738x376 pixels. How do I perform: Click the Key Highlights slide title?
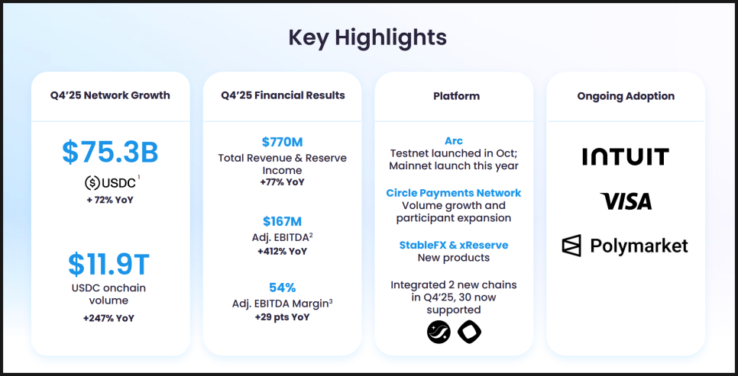[x=367, y=37]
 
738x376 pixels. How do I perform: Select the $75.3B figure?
[x=110, y=152]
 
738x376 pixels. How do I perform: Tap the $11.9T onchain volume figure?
[x=108, y=264]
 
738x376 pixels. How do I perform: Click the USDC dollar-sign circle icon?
[x=92, y=182]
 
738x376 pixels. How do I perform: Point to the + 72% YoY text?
[x=110, y=200]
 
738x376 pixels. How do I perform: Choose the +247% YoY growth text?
[x=108, y=318]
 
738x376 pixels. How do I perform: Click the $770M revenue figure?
[x=282, y=142]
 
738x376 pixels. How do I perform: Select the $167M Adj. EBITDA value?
[x=282, y=221]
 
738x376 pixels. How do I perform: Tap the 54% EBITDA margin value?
[x=283, y=288]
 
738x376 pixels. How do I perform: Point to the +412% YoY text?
[x=282, y=252]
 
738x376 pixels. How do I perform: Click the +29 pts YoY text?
[x=282, y=317]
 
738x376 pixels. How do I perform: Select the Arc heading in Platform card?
[x=454, y=141]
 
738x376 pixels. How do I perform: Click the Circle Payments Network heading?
[x=454, y=193]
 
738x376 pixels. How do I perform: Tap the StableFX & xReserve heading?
[x=454, y=246]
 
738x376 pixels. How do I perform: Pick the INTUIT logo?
[x=626, y=156]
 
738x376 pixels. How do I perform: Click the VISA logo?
[x=626, y=201]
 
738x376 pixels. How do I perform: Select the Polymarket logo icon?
[x=571, y=246]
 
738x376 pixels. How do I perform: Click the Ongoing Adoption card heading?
[x=626, y=96]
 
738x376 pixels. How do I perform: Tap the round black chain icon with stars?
[x=439, y=332]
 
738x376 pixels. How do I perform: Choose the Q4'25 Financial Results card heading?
[x=283, y=95]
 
